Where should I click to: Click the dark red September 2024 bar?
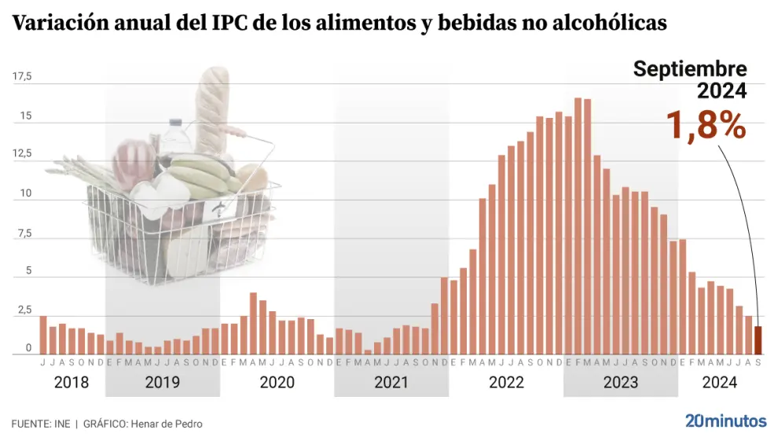click(758, 340)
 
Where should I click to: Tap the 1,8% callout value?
click(706, 125)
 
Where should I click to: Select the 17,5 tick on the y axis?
click(22, 77)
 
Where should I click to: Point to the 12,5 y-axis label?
click(22, 155)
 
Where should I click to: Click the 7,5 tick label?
click(24, 233)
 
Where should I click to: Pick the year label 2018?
click(72, 383)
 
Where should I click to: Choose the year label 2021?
click(391, 383)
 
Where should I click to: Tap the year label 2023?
click(620, 383)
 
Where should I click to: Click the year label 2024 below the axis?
click(719, 383)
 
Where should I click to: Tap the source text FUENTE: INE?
click(40, 424)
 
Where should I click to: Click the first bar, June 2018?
click(43, 335)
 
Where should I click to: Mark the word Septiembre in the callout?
click(690, 69)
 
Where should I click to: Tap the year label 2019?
click(162, 383)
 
